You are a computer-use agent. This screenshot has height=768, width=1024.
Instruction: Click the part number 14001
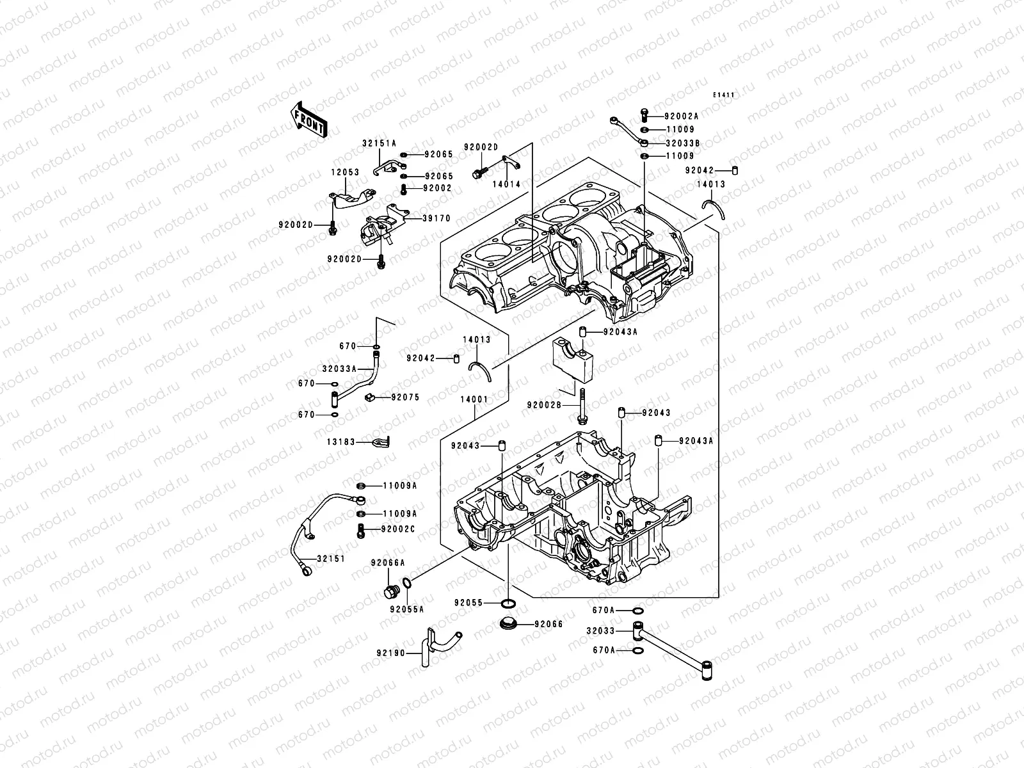click(x=474, y=399)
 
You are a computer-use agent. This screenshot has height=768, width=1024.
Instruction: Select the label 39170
click(x=438, y=218)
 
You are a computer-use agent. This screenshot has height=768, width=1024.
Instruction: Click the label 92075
click(x=405, y=397)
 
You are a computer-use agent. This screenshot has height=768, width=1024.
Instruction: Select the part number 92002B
click(x=544, y=404)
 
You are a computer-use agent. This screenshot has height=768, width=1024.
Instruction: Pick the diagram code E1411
click(x=724, y=95)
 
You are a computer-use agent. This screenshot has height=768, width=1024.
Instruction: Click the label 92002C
click(x=397, y=529)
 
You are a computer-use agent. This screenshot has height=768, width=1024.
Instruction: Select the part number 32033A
click(x=339, y=369)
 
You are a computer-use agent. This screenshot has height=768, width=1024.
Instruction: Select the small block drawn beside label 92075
click(x=370, y=398)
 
